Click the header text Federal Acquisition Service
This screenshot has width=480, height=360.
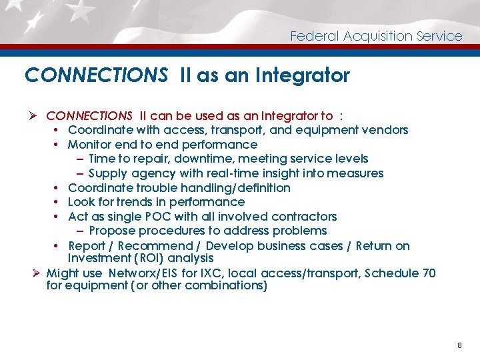(376, 36)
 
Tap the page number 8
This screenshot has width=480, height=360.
(459, 345)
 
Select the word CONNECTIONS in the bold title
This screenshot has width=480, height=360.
(96, 75)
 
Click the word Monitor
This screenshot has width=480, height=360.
(90, 145)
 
